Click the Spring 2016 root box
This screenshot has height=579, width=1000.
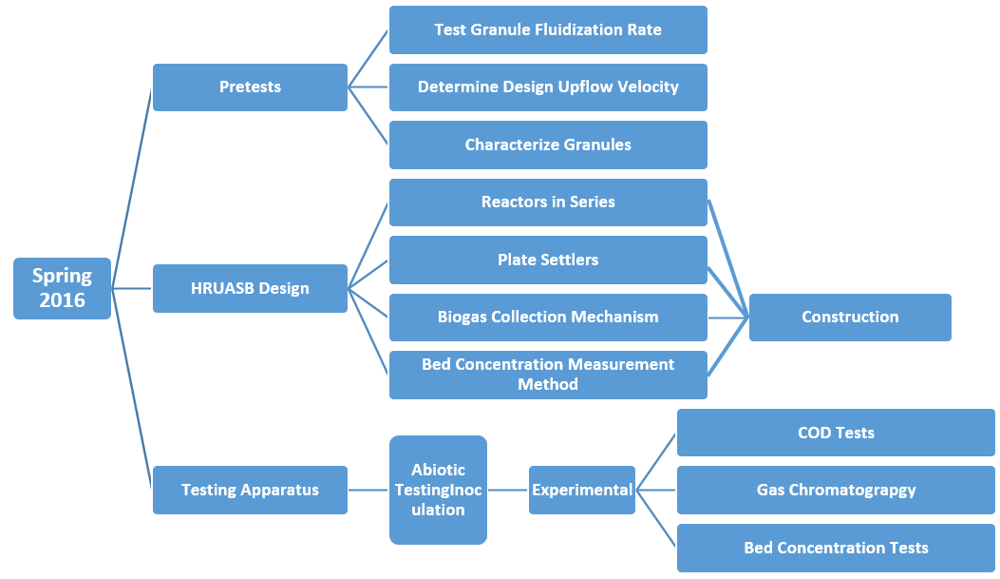tap(62, 288)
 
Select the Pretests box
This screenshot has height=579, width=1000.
tap(250, 87)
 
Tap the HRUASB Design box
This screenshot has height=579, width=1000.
tap(250, 288)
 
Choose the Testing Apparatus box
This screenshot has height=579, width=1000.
tap(250, 490)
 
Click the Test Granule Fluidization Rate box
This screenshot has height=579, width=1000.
tap(548, 29)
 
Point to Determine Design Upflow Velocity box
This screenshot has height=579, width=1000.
tap(548, 87)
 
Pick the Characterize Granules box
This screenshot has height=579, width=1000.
tap(548, 145)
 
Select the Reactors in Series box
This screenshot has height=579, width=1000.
tap(548, 203)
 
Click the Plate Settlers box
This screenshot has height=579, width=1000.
tap(548, 260)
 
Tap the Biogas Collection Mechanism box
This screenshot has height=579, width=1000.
tap(548, 318)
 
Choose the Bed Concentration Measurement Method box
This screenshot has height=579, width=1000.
tap(548, 375)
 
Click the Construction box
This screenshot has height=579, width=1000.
tap(850, 318)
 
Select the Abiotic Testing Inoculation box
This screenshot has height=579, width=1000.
tap(438, 490)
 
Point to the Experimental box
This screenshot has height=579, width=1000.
tap(581, 490)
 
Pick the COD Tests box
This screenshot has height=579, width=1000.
tap(836, 433)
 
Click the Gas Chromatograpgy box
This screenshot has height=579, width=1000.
tap(836, 490)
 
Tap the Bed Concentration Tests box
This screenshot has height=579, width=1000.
tap(836, 548)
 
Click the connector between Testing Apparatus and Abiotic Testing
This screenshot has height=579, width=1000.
tap(368, 490)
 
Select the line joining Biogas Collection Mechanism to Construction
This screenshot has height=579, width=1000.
tap(728, 318)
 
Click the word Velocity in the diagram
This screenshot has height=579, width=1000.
tap(649, 87)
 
